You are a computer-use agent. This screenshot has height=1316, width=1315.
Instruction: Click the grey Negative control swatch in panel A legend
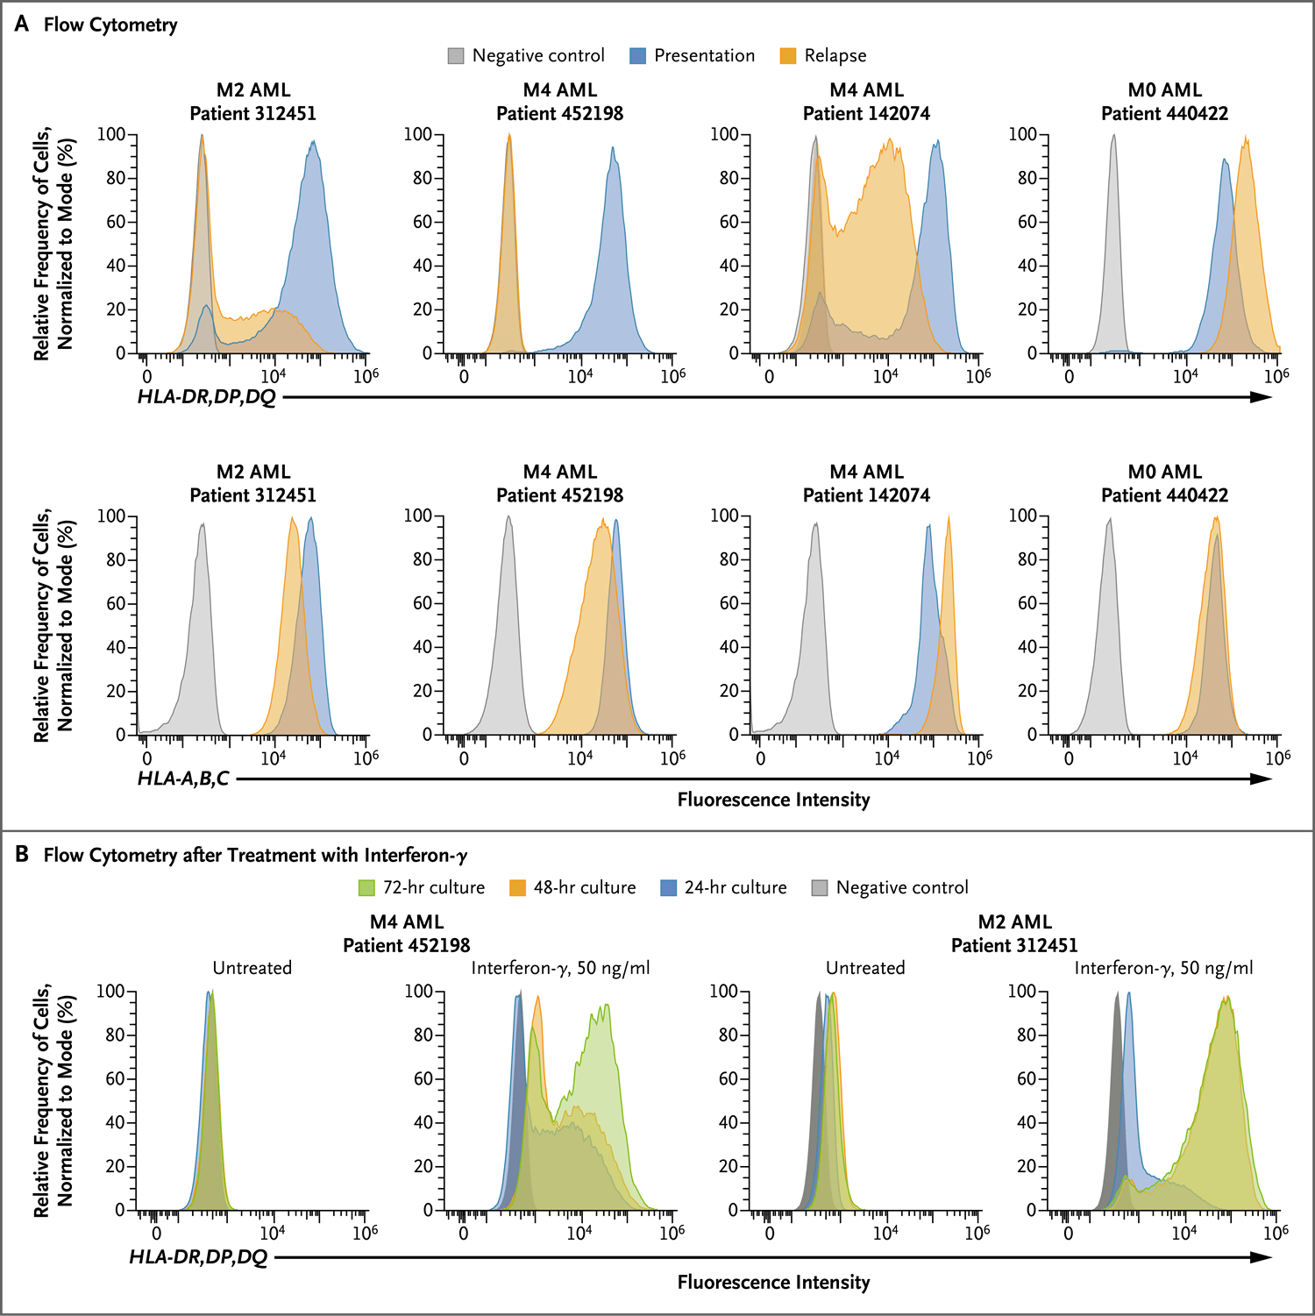[x=456, y=56]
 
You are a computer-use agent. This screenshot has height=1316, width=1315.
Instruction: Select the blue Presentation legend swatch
[x=638, y=56]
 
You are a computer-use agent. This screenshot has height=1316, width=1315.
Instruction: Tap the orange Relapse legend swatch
[x=788, y=56]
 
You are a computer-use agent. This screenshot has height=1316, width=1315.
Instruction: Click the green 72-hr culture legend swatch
[x=366, y=887]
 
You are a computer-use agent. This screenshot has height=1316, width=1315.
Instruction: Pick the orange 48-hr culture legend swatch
[x=517, y=887]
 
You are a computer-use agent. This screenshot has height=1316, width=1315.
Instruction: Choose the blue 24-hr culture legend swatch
[x=668, y=887]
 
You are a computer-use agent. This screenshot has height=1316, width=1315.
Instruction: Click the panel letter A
[x=22, y=24]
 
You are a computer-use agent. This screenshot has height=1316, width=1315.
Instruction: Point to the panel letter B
[x=22, y=854]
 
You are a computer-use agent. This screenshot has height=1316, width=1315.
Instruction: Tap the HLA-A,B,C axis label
[x=183, y=779]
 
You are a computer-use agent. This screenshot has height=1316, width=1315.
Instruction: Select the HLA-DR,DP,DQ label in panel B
[x=198, y=1257]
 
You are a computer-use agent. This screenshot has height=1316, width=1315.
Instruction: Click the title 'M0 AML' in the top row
[x=1164, y=90]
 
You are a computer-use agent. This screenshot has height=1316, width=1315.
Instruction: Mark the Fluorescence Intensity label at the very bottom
[x=773, y=1283]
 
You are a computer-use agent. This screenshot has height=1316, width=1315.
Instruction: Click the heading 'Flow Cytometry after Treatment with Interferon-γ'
[x=255, y=855]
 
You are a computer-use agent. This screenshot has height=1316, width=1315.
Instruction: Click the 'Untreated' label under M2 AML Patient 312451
[x=865, y=968]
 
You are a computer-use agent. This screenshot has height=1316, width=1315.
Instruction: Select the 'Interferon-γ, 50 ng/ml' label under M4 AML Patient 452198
[x=560, y=968]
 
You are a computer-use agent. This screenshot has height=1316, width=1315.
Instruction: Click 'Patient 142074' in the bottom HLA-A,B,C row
[x=866, y=495]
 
